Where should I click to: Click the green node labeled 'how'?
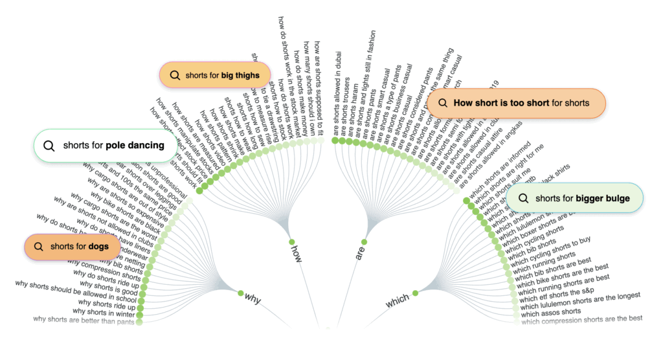(291, 240)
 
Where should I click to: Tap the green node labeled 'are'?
(364, 242)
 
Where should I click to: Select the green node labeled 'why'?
(240, 293)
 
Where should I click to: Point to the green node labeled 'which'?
(416, 293)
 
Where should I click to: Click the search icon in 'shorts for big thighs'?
(174, 75)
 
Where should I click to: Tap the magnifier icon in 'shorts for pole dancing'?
(49, 145)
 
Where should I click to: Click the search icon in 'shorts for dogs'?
(38, 246)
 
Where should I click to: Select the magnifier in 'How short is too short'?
(443, 102)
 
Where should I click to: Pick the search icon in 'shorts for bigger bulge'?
(523, 198)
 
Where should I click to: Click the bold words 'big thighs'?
(240, 75)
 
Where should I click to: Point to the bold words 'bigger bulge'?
(603, 198)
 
